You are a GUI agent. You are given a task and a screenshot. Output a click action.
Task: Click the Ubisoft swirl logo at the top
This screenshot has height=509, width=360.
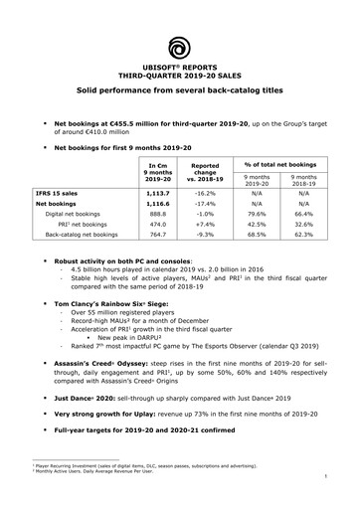[180, 46]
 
